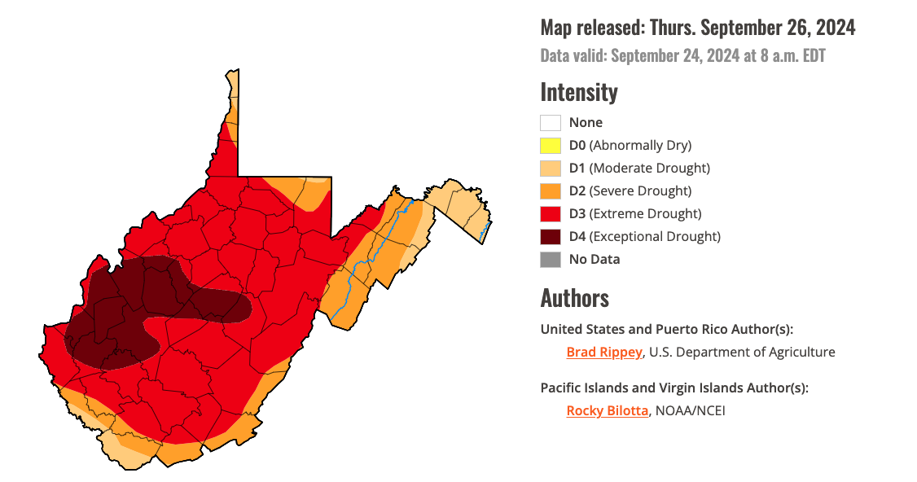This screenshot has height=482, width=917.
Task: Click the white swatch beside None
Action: [551, 123]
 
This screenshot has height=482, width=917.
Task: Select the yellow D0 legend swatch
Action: [551, 146]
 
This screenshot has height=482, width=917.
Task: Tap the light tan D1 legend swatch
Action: [551, 169]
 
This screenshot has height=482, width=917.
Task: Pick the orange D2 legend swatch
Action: [551, 191]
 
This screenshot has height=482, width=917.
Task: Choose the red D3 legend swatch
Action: [551, 214]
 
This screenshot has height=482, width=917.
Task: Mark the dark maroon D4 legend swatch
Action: [551, 237]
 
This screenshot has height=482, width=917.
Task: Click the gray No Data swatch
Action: [551, 260]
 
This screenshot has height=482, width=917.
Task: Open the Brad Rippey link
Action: [604, 353]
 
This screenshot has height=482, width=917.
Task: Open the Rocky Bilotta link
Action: [608, 411]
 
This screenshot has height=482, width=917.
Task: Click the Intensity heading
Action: [579, 92]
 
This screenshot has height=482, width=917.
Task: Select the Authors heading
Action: [574, 298]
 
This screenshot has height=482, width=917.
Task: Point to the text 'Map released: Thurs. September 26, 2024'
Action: [698, 28]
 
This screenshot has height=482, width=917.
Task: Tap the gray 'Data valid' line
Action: [683, 56]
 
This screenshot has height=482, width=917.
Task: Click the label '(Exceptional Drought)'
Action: [655, 237]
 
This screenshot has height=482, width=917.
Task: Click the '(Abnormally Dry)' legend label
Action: [640, 146]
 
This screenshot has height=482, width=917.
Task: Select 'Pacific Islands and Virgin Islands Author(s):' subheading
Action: [674, 388]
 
